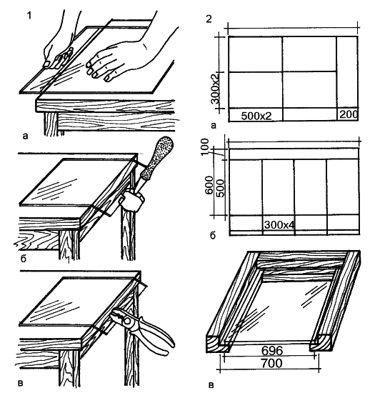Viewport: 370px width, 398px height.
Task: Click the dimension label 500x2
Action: (256, 116)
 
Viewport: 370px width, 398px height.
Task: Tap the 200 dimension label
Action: (349, 114)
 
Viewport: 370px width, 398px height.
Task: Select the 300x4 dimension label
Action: (279, 224)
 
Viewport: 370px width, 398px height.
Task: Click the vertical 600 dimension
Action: (209, 185)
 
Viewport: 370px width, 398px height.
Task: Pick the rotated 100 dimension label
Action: (204, 147)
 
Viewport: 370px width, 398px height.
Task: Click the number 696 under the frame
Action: (272, 351)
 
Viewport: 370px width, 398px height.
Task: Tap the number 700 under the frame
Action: (271, 363)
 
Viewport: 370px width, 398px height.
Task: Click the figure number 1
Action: (29, 16)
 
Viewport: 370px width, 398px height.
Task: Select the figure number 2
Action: (209, 19)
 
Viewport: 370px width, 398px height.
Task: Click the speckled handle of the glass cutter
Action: (156, 159)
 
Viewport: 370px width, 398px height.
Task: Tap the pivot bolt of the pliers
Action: (127, 322)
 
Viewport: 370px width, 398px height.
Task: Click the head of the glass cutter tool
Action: (132, 201)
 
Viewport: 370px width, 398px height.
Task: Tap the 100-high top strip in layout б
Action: (294, 154)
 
